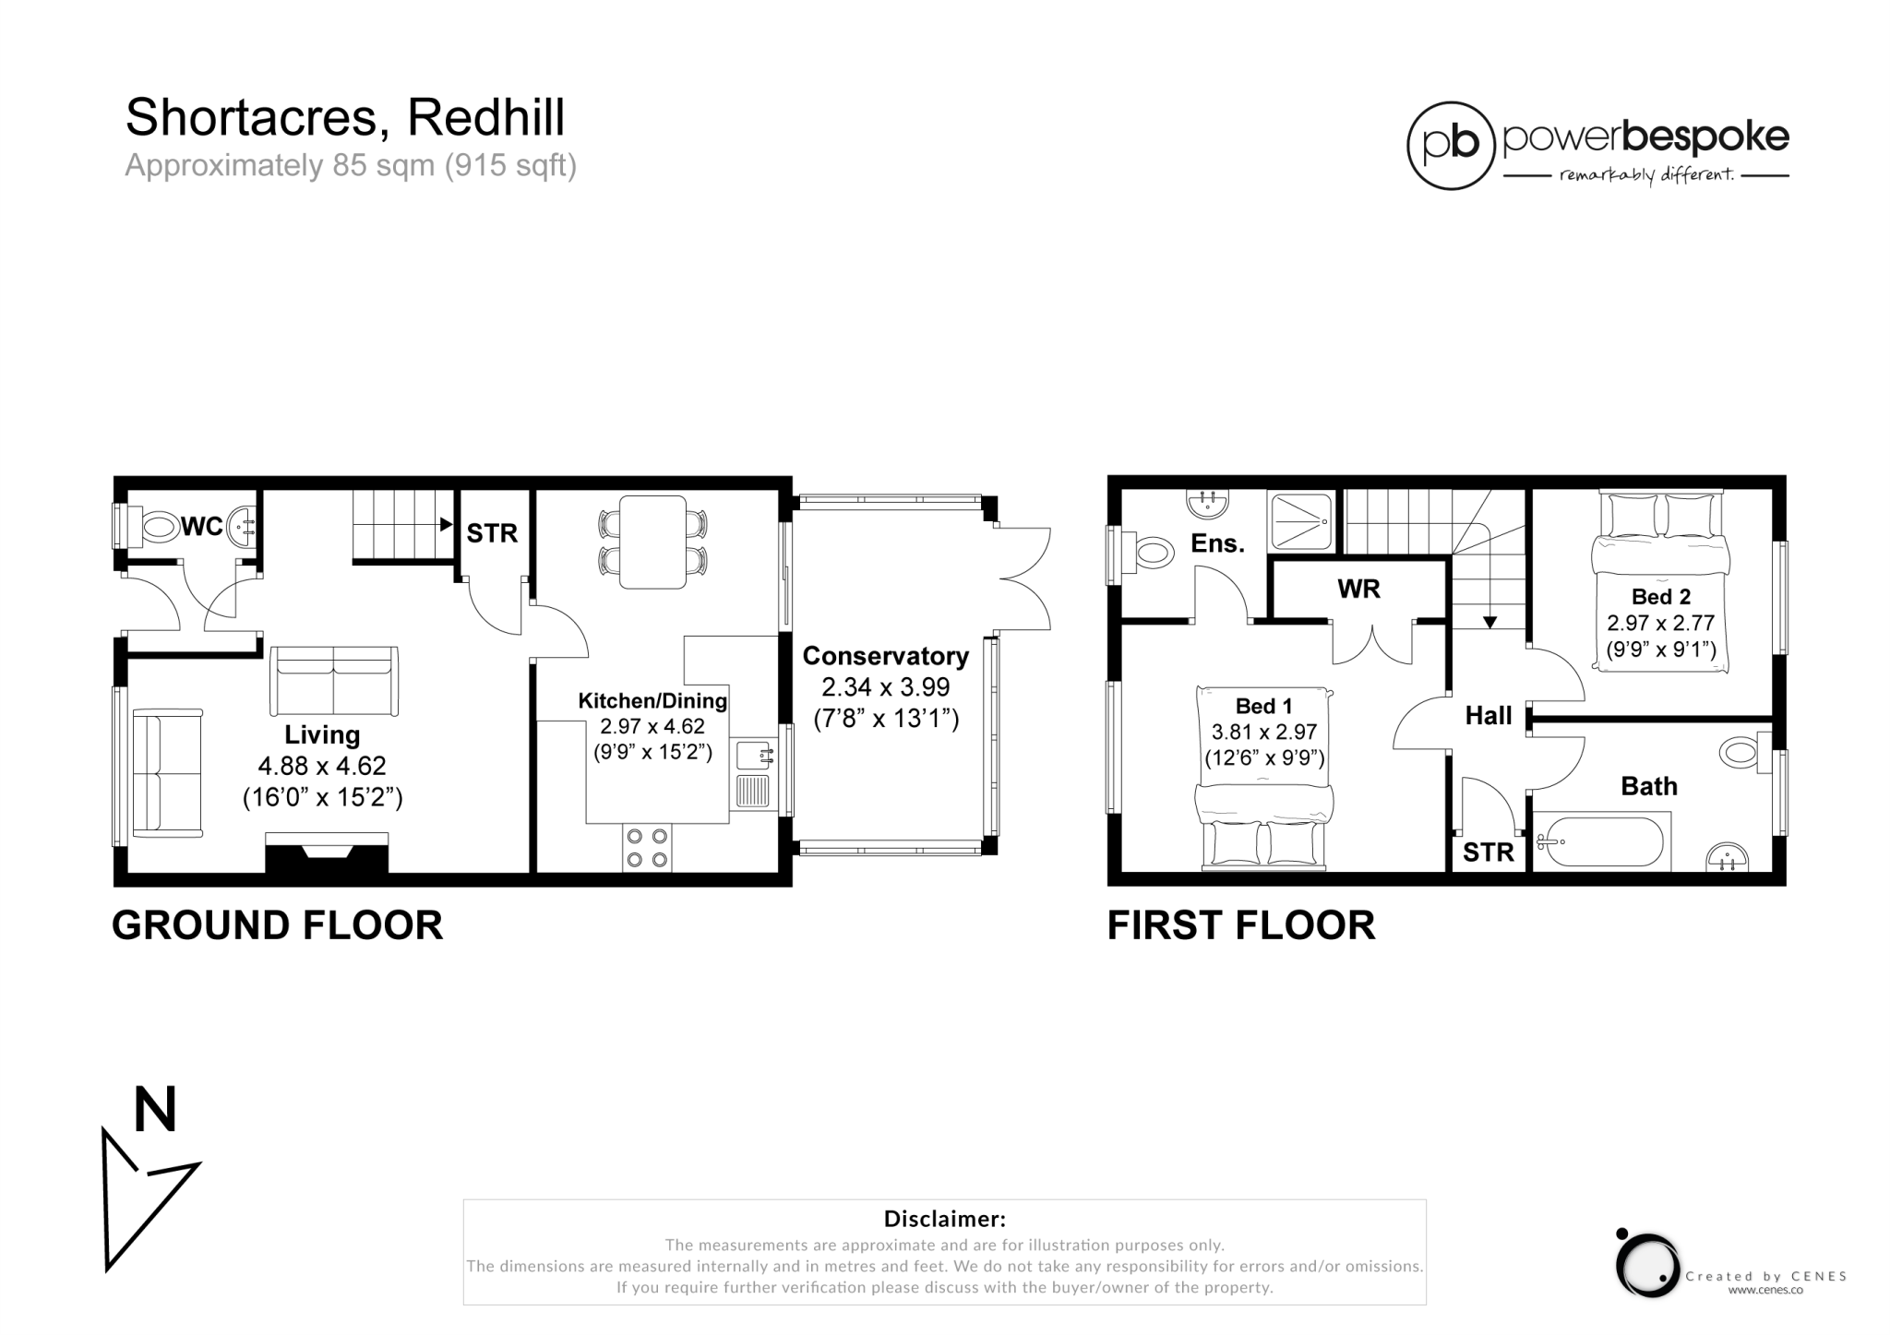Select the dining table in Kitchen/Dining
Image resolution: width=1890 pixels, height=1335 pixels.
point(652,542)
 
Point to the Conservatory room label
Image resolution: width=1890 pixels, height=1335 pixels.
point(885,656)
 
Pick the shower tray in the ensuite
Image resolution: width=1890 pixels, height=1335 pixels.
point(1301,520)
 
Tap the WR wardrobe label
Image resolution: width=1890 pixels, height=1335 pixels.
point(1358,589)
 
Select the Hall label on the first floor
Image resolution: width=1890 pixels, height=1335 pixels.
point(1489,716)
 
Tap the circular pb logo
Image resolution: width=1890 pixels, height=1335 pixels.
point(1451,146)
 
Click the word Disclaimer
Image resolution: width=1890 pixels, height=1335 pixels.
point(944,1219)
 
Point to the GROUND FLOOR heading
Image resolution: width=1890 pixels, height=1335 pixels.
point(277,925)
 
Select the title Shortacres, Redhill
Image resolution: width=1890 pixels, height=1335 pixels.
point(345,117)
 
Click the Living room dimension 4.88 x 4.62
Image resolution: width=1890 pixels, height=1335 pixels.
point(322,766)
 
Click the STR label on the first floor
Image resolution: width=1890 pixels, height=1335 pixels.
point(1489,852)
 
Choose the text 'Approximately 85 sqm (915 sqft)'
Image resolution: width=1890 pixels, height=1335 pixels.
point(351,166)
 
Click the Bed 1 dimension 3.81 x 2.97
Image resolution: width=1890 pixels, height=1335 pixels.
point(1264,733)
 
